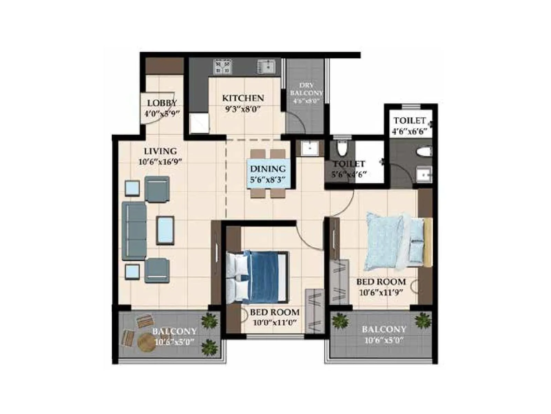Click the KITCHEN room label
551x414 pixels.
(x=243, y=98)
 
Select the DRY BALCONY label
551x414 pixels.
(x=306, y=89)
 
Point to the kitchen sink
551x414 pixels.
(x=266, y=67)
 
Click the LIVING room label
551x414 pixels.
(x=160, y=151)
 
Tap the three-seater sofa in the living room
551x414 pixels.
(x=134, y=231)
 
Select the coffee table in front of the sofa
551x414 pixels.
(x=165, y=230)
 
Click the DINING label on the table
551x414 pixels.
(x=268, y=169)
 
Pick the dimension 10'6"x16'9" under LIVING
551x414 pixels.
(x=160, y=161)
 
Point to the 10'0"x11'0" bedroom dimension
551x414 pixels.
(x=275, y=323)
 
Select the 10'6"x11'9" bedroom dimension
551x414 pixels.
(x=381, y=293)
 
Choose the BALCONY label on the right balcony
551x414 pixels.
(x=384, y=329)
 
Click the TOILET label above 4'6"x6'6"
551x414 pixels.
(x=410, y=121)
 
